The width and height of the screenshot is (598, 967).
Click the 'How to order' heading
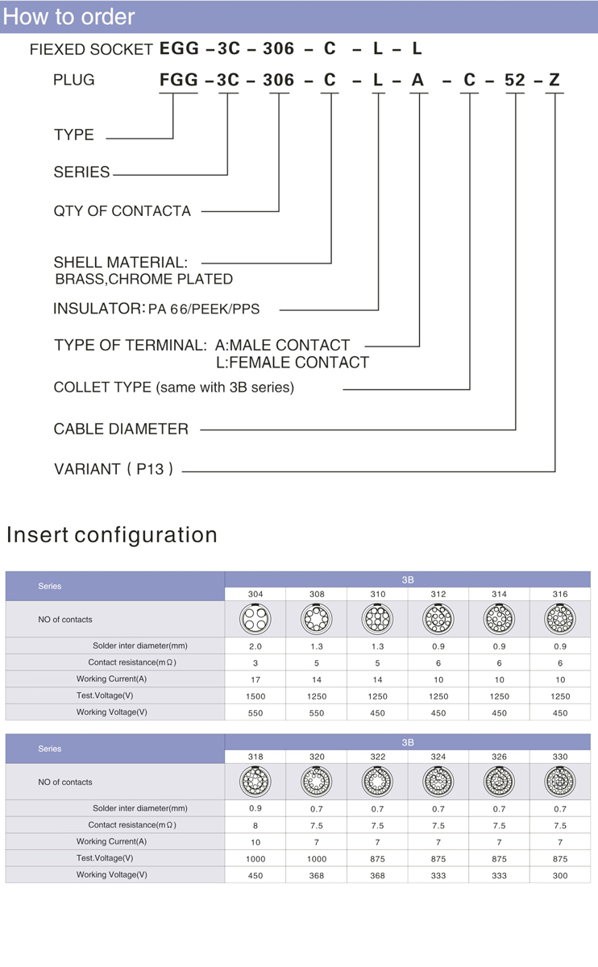click(69, 17)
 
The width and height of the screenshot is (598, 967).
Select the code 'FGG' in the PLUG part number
click(179, 80)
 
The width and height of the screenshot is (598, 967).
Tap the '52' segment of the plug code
click(515, 80)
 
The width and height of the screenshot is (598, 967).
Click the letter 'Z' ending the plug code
click(554, 80)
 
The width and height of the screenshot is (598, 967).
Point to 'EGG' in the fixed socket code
click(179, 48)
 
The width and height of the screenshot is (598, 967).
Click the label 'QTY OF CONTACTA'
click(123, 211)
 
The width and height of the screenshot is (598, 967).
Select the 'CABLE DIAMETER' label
click(121, 429)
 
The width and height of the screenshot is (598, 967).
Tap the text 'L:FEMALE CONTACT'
click(293, 363)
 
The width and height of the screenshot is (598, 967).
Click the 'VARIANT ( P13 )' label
click(114, 469)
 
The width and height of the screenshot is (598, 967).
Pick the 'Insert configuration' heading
click(112, 535)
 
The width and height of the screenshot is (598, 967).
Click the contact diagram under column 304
click(255, 619)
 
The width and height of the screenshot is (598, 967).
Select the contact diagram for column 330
click(560, 782)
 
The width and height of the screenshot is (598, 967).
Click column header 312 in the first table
click(438, 594)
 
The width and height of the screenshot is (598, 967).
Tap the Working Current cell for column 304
click(255, 679)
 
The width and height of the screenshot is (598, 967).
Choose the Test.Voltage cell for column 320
click(317, 859)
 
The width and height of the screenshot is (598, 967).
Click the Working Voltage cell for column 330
click(560, 876)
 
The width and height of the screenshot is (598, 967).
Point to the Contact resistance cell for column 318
click(255, 826)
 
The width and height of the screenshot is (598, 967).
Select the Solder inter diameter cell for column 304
click(255, 646)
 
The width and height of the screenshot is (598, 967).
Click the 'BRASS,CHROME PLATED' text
click(143, 280)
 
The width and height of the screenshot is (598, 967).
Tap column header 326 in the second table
click(499, 757)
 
